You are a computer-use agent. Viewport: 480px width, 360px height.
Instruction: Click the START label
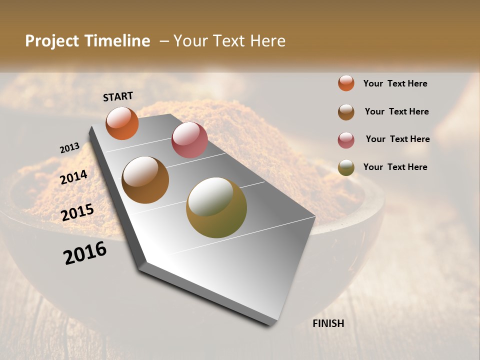point(118,96)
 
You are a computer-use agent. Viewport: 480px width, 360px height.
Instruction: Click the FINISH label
point(328,323)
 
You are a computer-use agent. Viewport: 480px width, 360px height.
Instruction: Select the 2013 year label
point(69,148)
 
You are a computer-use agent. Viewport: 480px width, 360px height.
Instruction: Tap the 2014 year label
point(73,177)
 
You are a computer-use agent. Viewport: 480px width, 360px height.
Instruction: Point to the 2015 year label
point(77,212)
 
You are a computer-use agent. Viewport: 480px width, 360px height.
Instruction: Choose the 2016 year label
point(85,253)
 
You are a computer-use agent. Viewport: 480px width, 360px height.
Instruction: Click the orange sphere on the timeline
point(122,123)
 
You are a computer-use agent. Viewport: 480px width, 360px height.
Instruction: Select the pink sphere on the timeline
point(189,140)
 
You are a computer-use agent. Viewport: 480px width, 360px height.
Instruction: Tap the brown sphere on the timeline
point(145,180)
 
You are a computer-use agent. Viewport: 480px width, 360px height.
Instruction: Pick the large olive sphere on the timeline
point(216,207)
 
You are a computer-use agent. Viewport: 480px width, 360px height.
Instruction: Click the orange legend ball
point(346,83)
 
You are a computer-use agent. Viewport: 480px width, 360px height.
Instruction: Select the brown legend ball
point(346,112)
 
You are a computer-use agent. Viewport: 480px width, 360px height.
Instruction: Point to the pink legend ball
point(346,140)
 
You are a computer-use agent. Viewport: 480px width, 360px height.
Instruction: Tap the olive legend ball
point(346,167)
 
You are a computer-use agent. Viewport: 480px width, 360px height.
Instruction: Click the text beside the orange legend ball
point(395,83)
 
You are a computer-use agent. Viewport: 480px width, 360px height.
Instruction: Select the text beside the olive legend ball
point(395,167)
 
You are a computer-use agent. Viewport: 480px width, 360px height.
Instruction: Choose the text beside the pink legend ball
point(397,139)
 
